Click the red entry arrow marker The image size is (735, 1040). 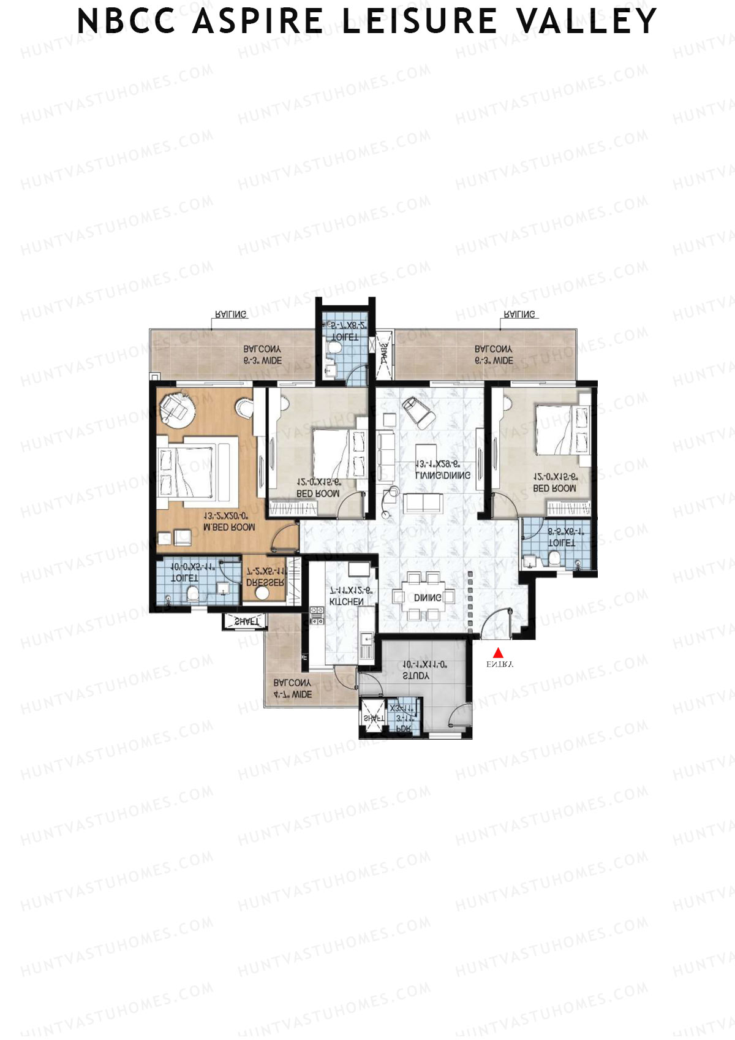(x=498, y=653)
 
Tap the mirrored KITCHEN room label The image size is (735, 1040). (x=347, y=602)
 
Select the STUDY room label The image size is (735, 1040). (x=417, y=675)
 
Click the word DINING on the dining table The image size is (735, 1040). (x=428, y=598)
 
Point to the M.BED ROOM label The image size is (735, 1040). (x=229, y=527)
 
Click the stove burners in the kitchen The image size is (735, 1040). (x=317, y=615)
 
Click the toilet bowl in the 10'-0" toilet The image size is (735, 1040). (x=192, y=593)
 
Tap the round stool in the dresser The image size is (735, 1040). (x=263, y=593)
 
